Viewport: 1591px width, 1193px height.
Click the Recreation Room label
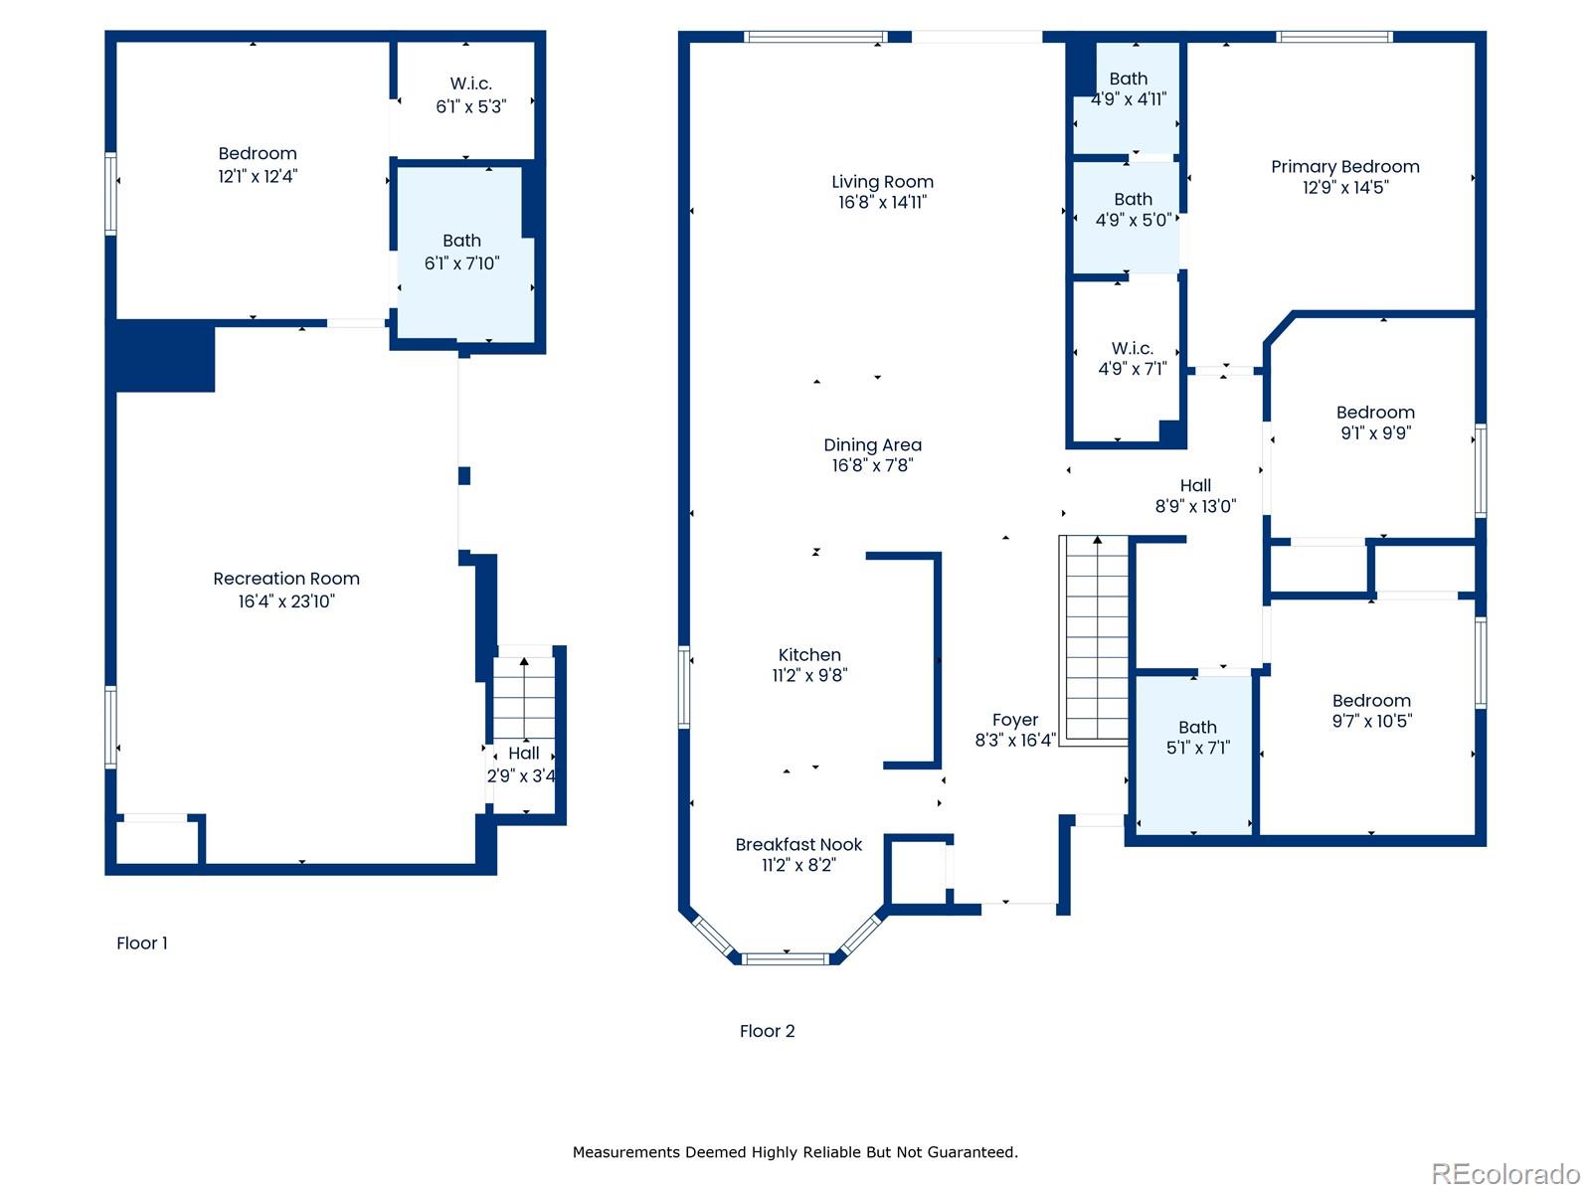point(286,579)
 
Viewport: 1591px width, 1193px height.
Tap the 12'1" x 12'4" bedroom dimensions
point(258,176)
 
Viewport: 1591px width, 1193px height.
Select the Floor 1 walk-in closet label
point(470,85)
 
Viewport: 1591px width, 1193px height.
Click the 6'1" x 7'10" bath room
point(461,253)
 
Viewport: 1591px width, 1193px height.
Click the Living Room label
point(882,182)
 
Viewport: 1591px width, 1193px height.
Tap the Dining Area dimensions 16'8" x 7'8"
point(872,465)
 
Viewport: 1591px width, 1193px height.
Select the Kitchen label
point(809,655)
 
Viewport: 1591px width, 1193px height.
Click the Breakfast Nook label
point(798,844)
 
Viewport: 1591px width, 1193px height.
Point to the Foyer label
point(1014,720)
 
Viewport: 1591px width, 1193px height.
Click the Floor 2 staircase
point(1097,636)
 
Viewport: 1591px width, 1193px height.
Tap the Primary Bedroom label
point(1344,167)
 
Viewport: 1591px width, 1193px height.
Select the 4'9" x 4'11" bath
point(1128,89)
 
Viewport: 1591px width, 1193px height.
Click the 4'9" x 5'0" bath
point(1132,210)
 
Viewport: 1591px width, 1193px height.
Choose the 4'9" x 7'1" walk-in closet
point(1132,359)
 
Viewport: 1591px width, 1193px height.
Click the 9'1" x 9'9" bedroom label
point(1375,413)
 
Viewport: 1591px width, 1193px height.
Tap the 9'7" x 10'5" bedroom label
point(1371,701)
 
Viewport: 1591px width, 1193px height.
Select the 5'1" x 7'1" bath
point(1197,738)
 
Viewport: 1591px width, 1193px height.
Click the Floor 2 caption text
point(767,1031)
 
